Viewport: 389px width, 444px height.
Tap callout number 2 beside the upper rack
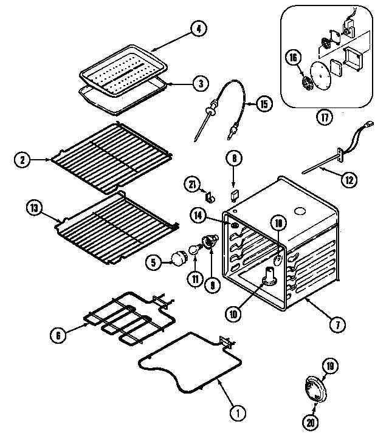tap(22, 160)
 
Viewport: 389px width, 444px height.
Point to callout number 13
tap(34, 208)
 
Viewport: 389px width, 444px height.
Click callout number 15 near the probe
tap(263, 103)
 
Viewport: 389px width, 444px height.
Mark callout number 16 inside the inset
tap(293, 58)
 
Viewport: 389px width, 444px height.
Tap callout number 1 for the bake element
tap(238, 413)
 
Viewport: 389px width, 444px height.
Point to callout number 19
tap(330, 366)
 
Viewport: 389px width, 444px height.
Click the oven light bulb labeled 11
tap(194, 249)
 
